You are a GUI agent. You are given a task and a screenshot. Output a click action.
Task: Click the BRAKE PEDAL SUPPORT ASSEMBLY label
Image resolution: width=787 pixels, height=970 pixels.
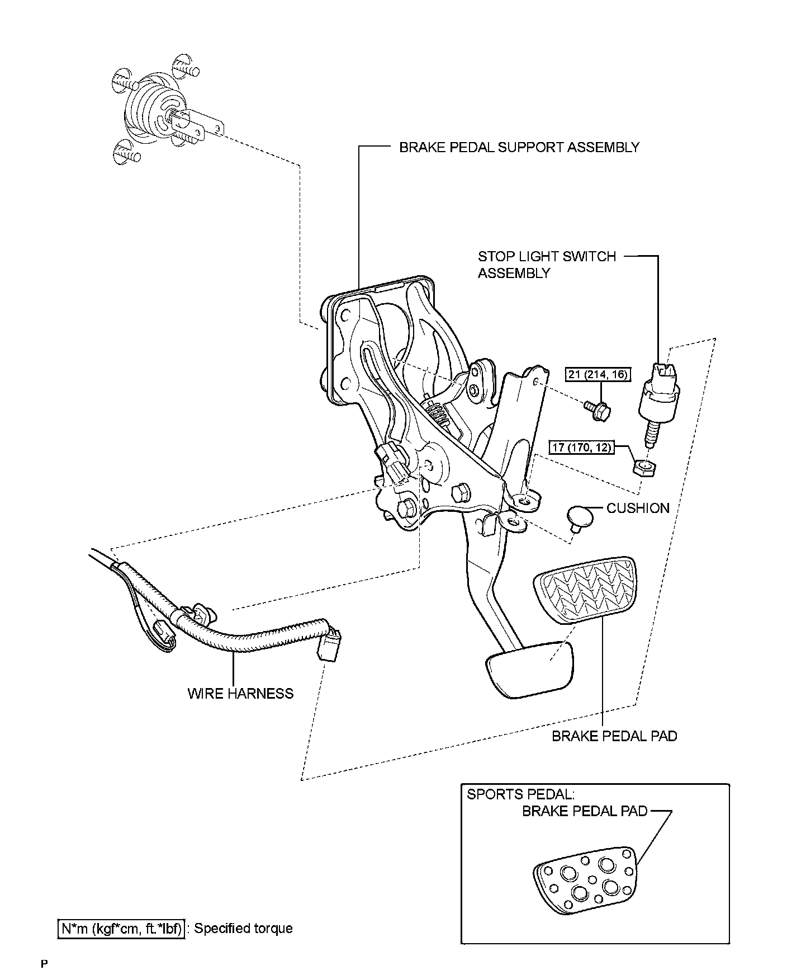519,147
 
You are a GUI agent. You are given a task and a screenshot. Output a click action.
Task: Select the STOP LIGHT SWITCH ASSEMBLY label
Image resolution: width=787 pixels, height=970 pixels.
546,265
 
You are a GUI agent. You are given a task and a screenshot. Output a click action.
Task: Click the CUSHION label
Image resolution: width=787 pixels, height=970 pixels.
638,508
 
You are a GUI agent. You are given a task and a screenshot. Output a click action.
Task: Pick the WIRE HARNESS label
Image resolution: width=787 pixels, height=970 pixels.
240,694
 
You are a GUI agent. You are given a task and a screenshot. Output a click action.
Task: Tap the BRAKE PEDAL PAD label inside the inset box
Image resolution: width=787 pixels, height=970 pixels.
584,811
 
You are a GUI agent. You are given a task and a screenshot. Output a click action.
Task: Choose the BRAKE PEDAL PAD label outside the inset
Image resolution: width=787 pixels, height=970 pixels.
614,736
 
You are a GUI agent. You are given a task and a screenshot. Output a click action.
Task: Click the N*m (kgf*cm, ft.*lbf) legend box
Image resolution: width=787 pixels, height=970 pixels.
121,928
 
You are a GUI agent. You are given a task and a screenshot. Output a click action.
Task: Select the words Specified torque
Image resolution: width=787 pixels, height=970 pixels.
244,928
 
